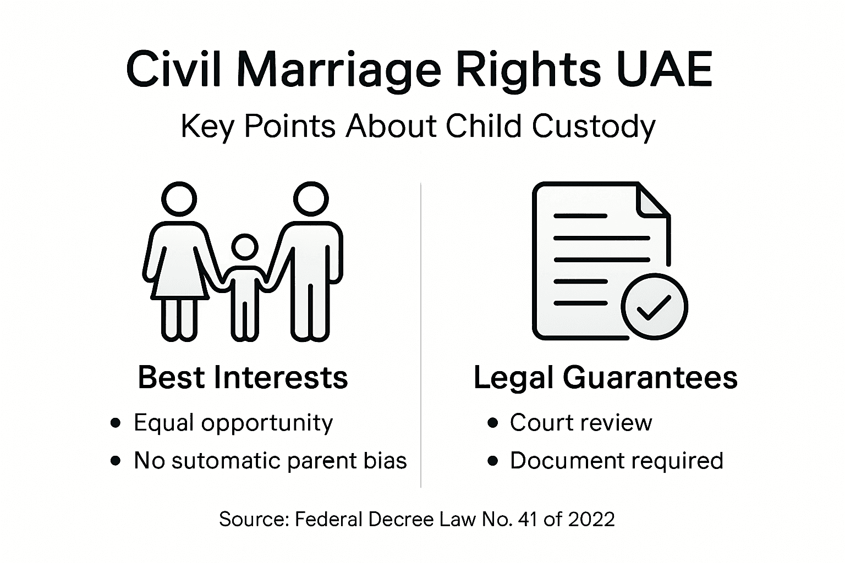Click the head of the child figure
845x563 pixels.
[244, 248]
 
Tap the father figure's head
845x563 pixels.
[310, 199]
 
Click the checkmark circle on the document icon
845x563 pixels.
[654, 306]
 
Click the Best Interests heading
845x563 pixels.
[243, 377]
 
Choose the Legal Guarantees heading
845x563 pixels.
[605, 377]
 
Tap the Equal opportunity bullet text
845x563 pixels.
[233, 423]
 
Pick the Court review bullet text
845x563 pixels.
[580, 423]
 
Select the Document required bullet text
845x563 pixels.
[616, 461]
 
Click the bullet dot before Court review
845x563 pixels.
[493, 423]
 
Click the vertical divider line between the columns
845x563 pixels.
[421, 335]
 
